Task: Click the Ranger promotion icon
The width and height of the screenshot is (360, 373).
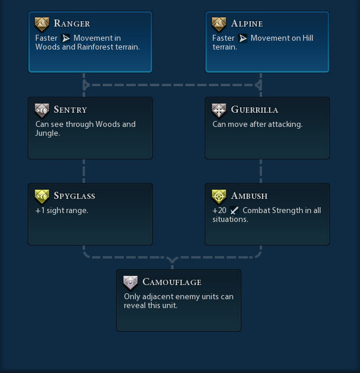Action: click(x=42, y=24)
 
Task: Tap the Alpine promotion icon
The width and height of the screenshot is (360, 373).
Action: click(x=219, y=24)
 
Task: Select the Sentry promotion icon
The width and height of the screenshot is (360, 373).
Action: click(x=42, y=110)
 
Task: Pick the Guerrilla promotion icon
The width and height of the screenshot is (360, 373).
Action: click(x=219, y=110)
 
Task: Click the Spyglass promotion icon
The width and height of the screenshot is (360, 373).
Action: click(x=42, y=196)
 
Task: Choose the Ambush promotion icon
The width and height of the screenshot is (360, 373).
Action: click(x=219, y=196)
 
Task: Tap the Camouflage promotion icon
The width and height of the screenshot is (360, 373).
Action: click(x=130, y=282)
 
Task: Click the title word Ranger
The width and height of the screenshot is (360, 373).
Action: click(x=71, y=24)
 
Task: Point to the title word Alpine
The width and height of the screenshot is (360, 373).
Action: click(x=247, y=24)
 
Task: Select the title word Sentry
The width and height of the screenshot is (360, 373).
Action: click(x=70, y=110)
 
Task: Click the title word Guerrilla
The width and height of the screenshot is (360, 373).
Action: click(x=254, y=110)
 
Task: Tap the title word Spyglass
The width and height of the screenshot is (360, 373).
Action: click(x=74, y=196)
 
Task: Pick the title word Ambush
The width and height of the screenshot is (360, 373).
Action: click(x=249, y=196)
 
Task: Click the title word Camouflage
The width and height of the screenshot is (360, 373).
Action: click(x=172, y=282)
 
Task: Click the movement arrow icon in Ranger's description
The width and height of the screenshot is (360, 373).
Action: click(x=66, y=38)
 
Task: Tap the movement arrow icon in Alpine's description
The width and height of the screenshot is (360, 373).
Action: click(x=243, y=38)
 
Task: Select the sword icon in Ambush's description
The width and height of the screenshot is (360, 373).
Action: click(x=234, y=211)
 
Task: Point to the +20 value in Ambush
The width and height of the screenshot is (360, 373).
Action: click(x=220, y=211)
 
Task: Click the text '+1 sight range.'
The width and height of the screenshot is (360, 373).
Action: click(x=62, y=211)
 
